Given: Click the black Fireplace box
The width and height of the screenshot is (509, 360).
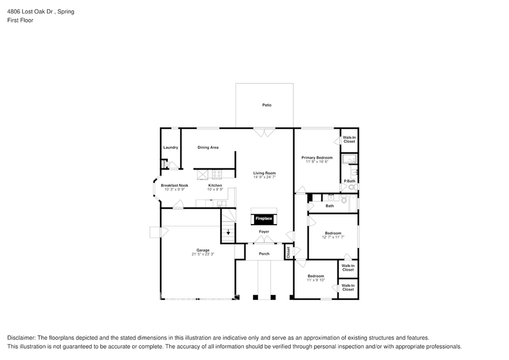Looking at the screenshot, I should [264, 219].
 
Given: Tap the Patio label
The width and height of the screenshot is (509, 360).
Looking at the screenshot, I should [266, 105].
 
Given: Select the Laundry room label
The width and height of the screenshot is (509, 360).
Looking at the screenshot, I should [170, 148].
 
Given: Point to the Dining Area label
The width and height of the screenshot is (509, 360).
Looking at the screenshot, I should [208, 148].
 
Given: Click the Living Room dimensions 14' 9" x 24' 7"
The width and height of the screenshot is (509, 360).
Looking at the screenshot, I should [265, 177].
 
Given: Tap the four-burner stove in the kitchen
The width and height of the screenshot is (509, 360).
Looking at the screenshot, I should [216, 174].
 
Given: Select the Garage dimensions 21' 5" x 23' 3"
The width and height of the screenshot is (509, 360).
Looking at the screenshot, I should [203, 253].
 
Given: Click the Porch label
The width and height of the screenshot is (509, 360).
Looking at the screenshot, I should [264, 253].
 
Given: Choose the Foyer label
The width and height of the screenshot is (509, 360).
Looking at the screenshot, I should [264, 232].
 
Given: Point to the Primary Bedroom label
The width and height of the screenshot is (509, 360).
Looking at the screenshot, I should [317, 157].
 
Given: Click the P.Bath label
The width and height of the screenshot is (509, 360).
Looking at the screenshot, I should [349, 181].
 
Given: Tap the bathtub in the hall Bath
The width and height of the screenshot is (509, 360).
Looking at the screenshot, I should [352, 203].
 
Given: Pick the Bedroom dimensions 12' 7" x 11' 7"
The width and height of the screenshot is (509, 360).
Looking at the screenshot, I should [333, 237].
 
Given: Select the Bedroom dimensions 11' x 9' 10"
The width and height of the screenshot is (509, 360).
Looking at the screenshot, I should [316, 280].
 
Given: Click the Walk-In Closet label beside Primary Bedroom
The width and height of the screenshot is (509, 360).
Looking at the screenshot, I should [349, 140].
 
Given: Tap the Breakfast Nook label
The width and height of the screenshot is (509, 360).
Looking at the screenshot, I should [174, 186].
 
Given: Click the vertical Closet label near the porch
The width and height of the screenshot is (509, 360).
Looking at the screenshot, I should [288, 252].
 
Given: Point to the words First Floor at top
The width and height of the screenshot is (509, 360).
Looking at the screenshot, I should [21, 20].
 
